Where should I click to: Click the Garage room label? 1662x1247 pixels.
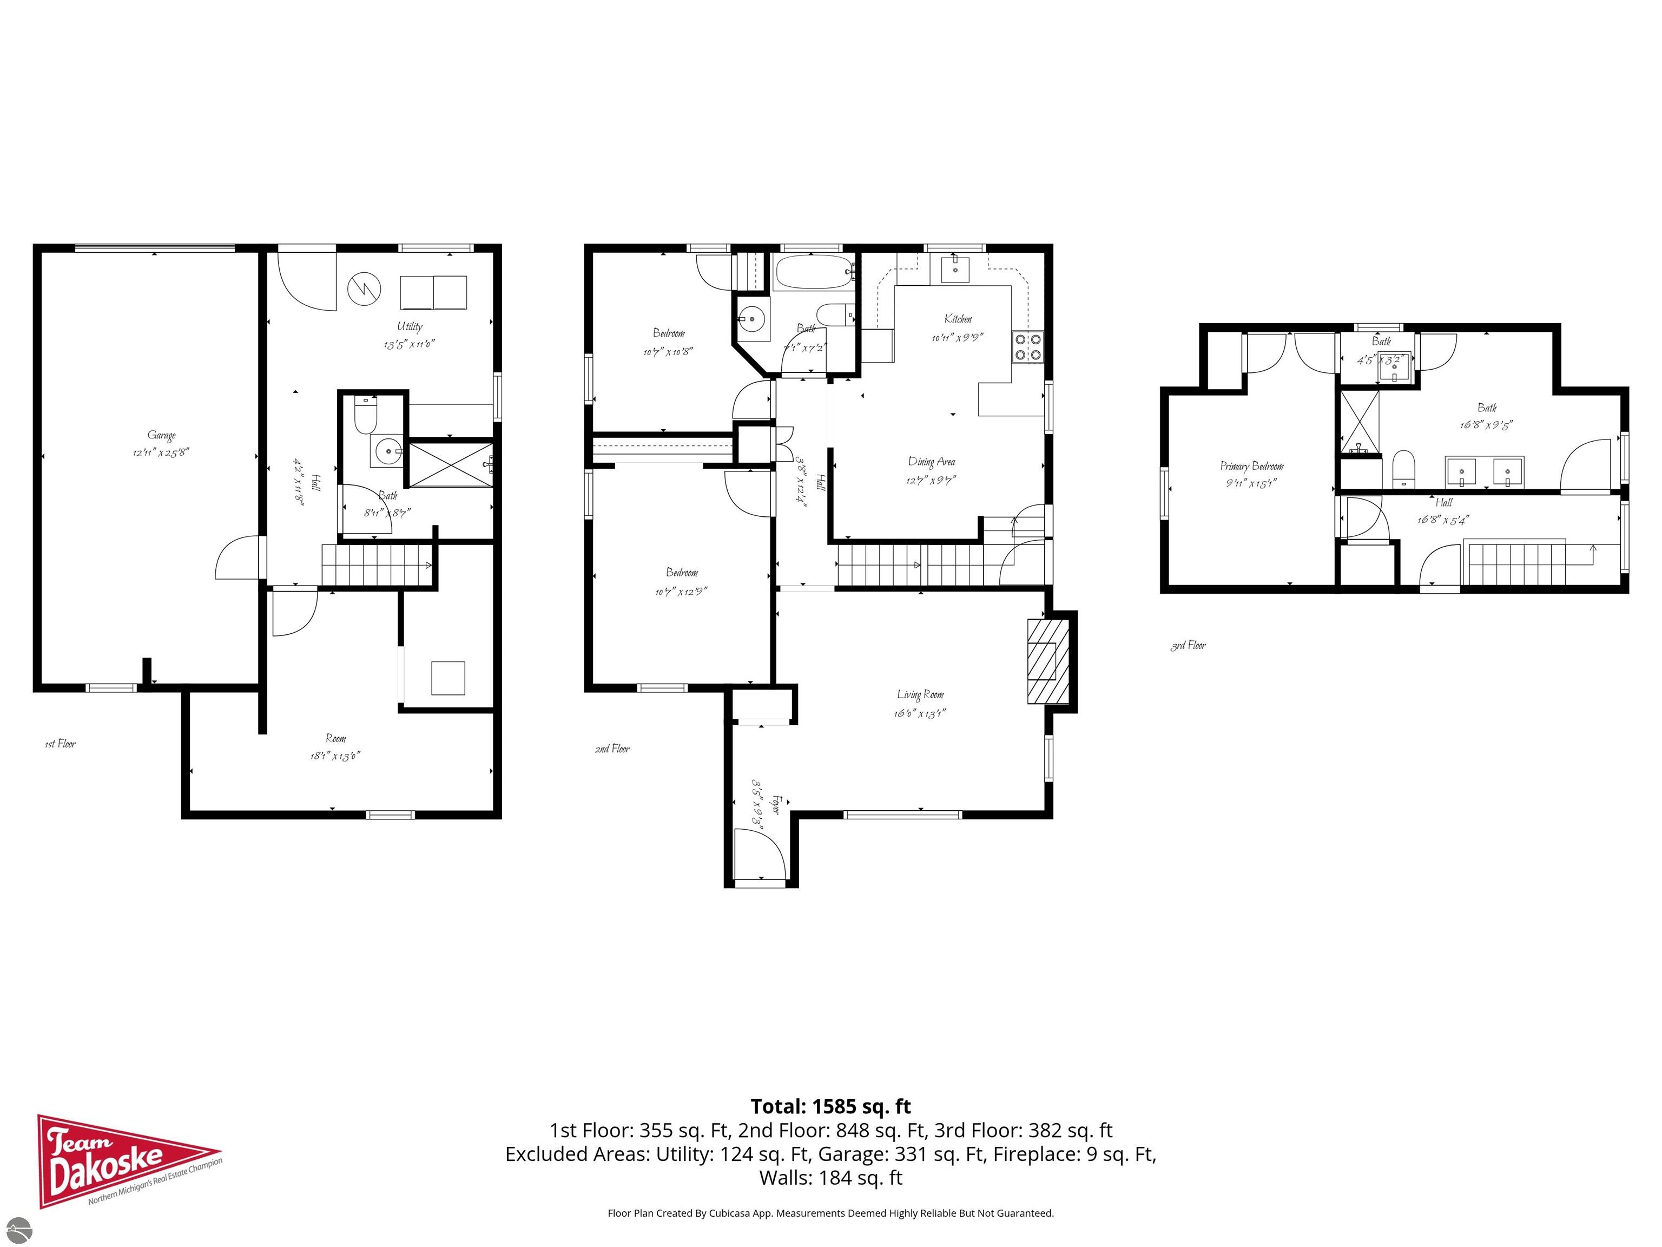(162, 435)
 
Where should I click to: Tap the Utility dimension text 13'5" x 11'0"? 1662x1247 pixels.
(410, 345)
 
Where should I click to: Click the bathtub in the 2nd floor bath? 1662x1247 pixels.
(814, 273)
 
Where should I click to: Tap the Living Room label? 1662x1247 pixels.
(920, 694)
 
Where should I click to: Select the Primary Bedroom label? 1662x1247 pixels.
(1252, 466)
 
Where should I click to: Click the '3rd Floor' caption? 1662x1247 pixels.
(1188, 646)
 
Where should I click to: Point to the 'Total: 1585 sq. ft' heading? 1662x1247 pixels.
(830, 1106)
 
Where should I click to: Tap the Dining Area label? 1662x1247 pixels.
(932, 462)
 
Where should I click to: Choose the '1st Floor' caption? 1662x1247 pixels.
(60, 744)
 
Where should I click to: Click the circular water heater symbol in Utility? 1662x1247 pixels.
(365, 288)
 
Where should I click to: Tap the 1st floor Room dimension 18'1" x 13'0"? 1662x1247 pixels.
(335, 756)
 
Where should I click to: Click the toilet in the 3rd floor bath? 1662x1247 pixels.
(1403, 469)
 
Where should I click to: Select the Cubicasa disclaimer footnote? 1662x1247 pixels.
(830, 1213)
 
